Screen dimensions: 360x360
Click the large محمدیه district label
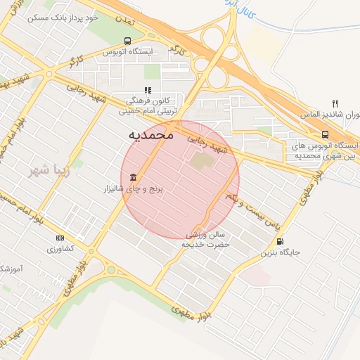(151, 134)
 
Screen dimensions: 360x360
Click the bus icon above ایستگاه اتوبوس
(127, 41)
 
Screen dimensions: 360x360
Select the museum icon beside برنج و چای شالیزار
(133, 176)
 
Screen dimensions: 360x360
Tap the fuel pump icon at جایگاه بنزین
(281, 242)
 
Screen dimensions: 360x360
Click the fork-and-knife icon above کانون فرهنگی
(148, 90)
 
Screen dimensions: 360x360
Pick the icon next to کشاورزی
(59, 238)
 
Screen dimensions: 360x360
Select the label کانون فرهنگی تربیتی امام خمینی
(150, 105)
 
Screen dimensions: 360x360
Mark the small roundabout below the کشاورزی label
(109, 269)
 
